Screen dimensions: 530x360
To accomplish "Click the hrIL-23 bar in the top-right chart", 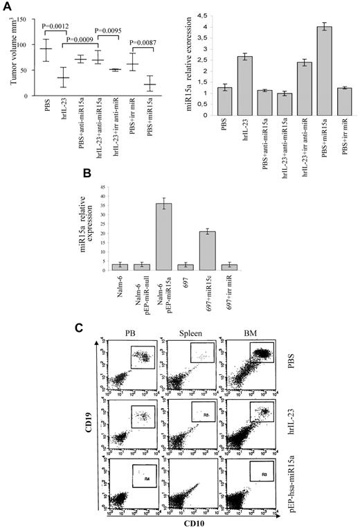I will click(243, 85).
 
